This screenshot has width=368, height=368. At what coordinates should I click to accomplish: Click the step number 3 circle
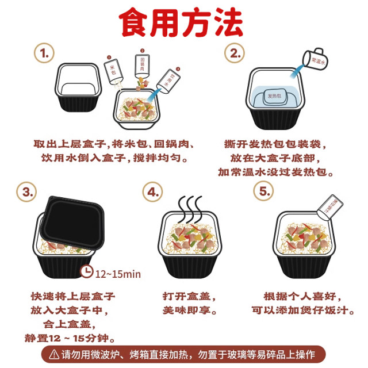26,191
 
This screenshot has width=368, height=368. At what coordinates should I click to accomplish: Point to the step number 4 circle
152,191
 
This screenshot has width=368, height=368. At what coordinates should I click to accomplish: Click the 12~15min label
118,274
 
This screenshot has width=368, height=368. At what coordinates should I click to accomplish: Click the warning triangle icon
54,353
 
